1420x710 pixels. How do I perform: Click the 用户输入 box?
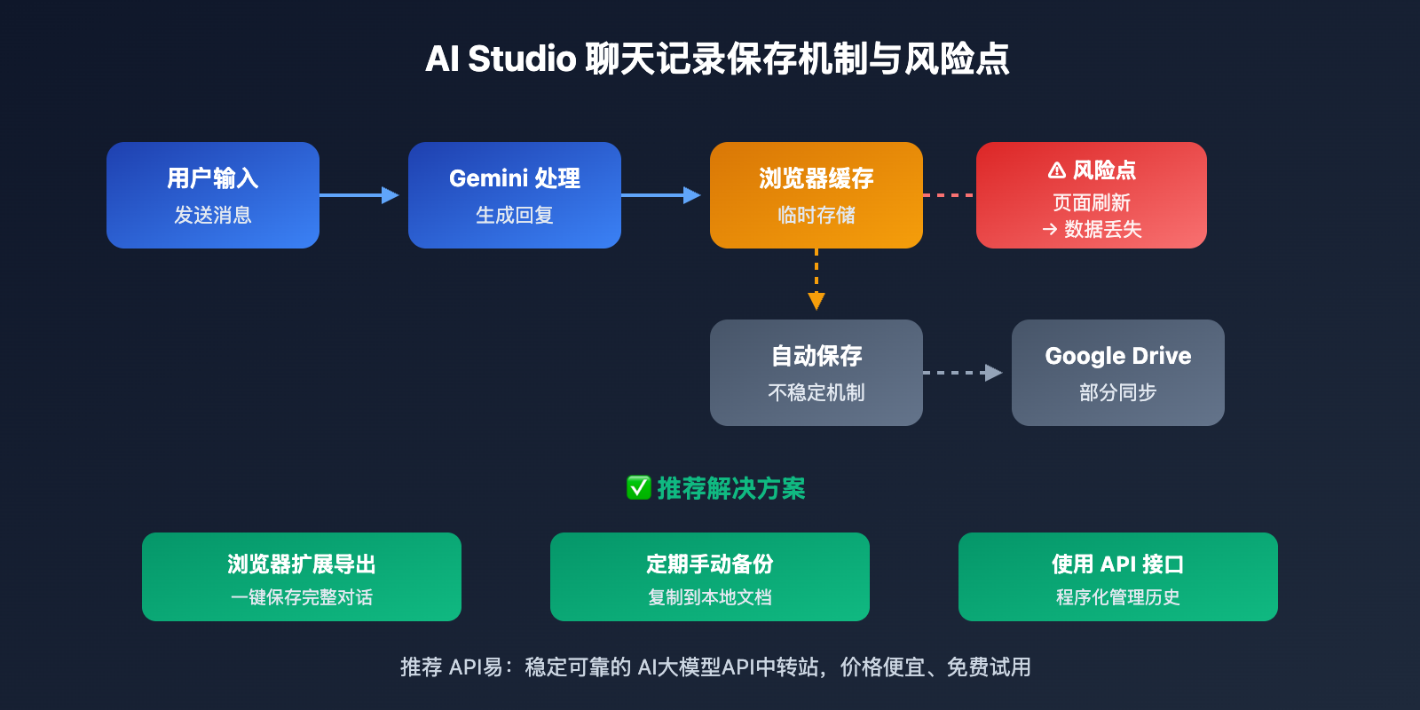(213, 195)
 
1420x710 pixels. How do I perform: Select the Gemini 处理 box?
(515, 195)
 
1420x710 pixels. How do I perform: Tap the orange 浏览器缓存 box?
(816, 195)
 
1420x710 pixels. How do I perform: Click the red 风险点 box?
(1092, 195)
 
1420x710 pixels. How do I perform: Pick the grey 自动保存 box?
(816, 373)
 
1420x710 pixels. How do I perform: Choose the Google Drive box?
(1118, 373)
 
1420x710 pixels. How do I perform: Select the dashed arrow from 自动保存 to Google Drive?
(963, 373)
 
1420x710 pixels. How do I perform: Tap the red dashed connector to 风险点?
(949, 195)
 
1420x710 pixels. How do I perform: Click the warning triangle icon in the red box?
(1056, 170)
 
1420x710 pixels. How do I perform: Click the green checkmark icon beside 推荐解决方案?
(638, 487)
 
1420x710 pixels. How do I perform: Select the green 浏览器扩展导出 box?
(302, 577)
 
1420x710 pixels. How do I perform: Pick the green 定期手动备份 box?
(710, 577)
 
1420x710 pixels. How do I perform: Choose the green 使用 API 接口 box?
(1118, 577)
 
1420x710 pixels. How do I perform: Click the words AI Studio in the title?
(501, 59)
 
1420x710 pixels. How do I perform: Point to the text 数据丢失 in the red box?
(1103, 230)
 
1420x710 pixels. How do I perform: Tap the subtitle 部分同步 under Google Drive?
(1118, 392)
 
